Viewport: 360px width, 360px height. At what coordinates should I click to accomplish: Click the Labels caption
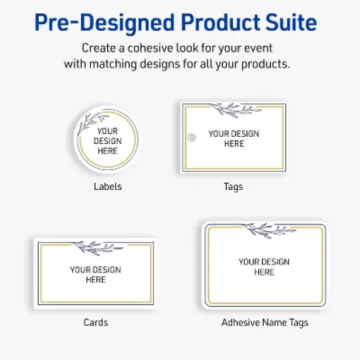pos(107,187)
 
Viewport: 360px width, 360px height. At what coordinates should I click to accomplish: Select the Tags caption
pos(233,187)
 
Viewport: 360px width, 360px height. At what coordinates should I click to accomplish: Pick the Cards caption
pos(96,322)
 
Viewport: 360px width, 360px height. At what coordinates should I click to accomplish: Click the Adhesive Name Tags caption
pos(264,322)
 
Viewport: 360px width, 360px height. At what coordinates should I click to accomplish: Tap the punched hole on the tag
pos(192,137)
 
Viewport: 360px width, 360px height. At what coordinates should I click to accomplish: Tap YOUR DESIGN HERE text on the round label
pos(107,141)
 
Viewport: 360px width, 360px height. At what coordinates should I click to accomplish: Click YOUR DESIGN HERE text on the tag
pos(234,138)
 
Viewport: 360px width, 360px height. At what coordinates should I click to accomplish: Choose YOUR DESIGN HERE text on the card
pos(96,274)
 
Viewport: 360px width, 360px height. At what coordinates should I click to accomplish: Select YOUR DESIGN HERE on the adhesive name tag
pos(264,266)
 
